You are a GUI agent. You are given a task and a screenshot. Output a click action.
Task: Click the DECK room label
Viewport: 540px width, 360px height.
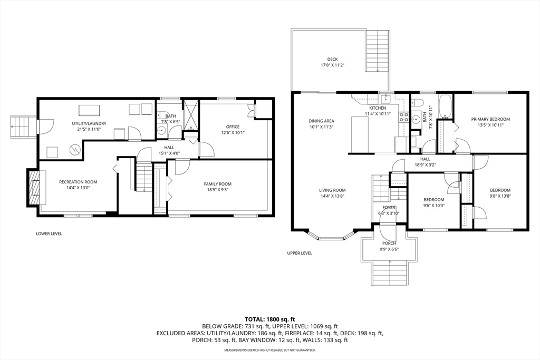(332, 59)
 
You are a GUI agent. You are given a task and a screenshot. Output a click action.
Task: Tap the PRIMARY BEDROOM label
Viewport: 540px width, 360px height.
(490, 120)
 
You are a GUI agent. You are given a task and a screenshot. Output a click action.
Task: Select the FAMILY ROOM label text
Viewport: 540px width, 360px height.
(217, 184)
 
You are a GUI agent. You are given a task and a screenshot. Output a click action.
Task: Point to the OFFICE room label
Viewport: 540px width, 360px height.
(233, 127)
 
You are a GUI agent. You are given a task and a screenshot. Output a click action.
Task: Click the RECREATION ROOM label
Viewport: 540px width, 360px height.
(78, 182)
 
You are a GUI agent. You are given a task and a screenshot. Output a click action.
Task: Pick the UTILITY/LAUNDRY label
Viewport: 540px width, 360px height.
(89, 123)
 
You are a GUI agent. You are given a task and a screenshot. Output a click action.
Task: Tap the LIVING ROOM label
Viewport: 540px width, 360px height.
(332, 190)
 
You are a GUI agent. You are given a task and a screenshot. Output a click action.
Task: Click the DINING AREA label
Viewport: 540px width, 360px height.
(321, 121)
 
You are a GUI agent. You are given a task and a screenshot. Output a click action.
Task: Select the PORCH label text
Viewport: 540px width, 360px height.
(389, 244)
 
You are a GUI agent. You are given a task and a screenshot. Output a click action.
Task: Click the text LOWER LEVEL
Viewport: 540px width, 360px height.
(49, 234)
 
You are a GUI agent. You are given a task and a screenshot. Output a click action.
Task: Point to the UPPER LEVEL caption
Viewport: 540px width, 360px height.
(300, 254)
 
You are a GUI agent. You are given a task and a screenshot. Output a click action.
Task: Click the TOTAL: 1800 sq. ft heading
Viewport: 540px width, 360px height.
(270, 319)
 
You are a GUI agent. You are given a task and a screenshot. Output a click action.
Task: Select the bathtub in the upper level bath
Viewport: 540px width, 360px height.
(446, 106)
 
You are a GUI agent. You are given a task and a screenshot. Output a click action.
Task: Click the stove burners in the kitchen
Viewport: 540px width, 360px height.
(403, 117)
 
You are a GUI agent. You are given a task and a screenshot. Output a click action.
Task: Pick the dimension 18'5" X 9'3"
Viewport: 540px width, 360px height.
(217, 190)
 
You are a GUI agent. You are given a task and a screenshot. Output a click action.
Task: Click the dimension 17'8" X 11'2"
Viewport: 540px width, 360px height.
(332, 65)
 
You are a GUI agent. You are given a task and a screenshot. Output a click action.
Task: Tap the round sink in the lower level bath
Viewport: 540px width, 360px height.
(161, 130)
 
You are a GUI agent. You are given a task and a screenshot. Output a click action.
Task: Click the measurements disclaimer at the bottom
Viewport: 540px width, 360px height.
(270, 351)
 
